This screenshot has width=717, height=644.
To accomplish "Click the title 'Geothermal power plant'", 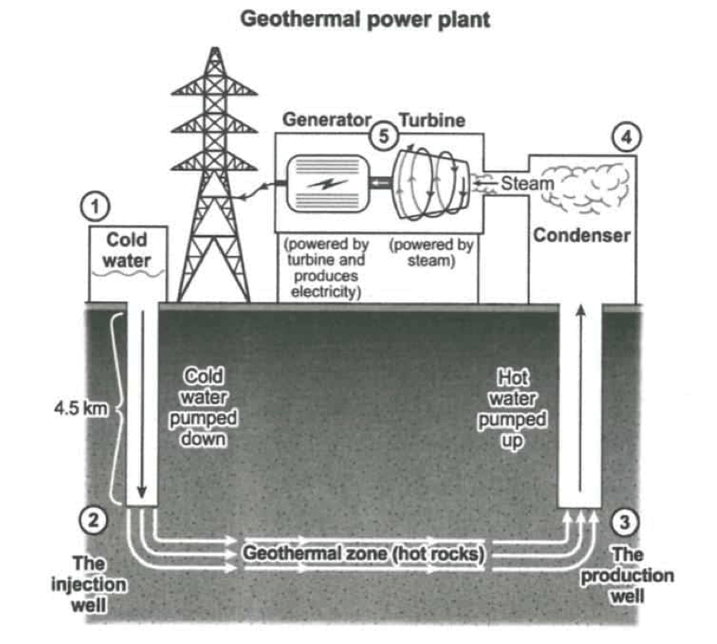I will click(365, 19).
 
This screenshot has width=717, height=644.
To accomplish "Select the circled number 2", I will click(94, 520).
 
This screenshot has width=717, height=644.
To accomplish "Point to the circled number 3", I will click(626, 522).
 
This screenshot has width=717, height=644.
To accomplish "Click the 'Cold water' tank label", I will click(127, 249).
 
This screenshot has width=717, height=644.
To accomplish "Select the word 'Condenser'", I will click(581, 235).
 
